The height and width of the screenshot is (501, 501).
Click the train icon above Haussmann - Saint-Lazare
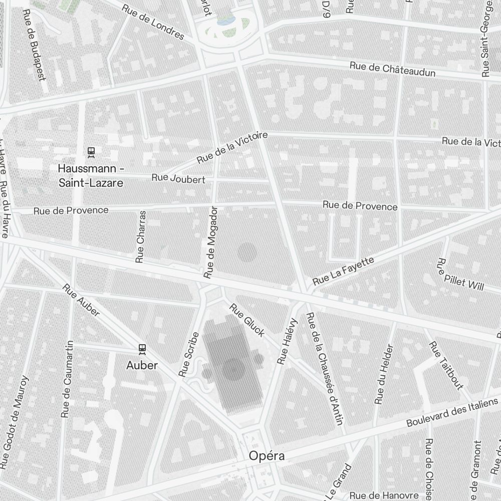pos(91,151)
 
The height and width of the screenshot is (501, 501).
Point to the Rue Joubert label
pos(178,178)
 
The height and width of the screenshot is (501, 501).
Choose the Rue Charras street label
pos(141,236)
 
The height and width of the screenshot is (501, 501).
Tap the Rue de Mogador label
pos(211,242)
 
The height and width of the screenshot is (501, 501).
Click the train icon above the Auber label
pos(142,348)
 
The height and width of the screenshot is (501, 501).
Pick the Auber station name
pos(142,365)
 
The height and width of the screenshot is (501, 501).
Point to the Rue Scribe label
pos(188,354)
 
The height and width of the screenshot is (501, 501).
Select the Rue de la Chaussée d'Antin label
pos(324,368)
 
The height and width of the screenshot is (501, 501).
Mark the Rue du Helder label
pos(384,374)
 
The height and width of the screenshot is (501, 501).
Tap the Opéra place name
pos(267,456)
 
